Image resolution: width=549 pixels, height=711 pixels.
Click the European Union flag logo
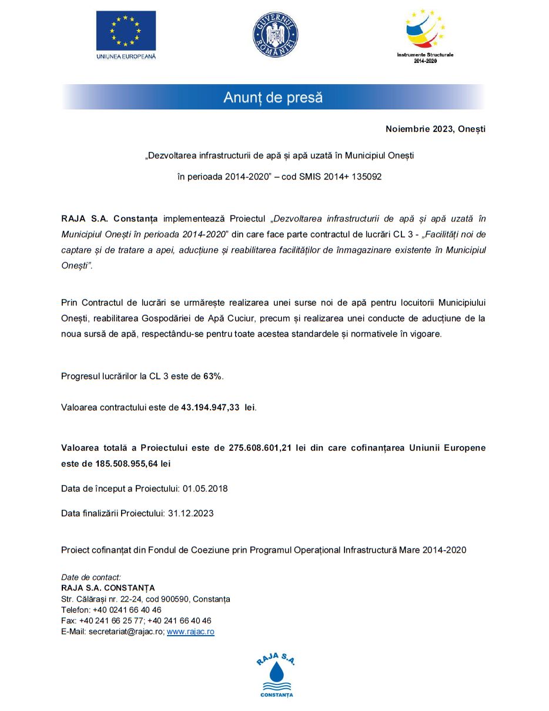(126, 30)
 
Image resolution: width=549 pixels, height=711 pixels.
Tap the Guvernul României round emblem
(276, 35)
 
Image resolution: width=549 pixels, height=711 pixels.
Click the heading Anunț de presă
(273, 97)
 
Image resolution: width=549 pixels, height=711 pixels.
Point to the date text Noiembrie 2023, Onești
(435, 129)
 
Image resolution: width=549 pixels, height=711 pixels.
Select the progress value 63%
(213, 376)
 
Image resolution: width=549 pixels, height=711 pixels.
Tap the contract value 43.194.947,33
(210, 407)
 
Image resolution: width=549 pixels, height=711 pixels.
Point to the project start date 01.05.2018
(205, 489)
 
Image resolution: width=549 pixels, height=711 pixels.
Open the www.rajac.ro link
(190, 632)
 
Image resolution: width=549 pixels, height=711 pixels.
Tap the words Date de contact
(91, 577)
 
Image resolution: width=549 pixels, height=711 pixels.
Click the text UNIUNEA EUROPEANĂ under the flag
(126, 57)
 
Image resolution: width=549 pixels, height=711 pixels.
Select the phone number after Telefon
(127, 610)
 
